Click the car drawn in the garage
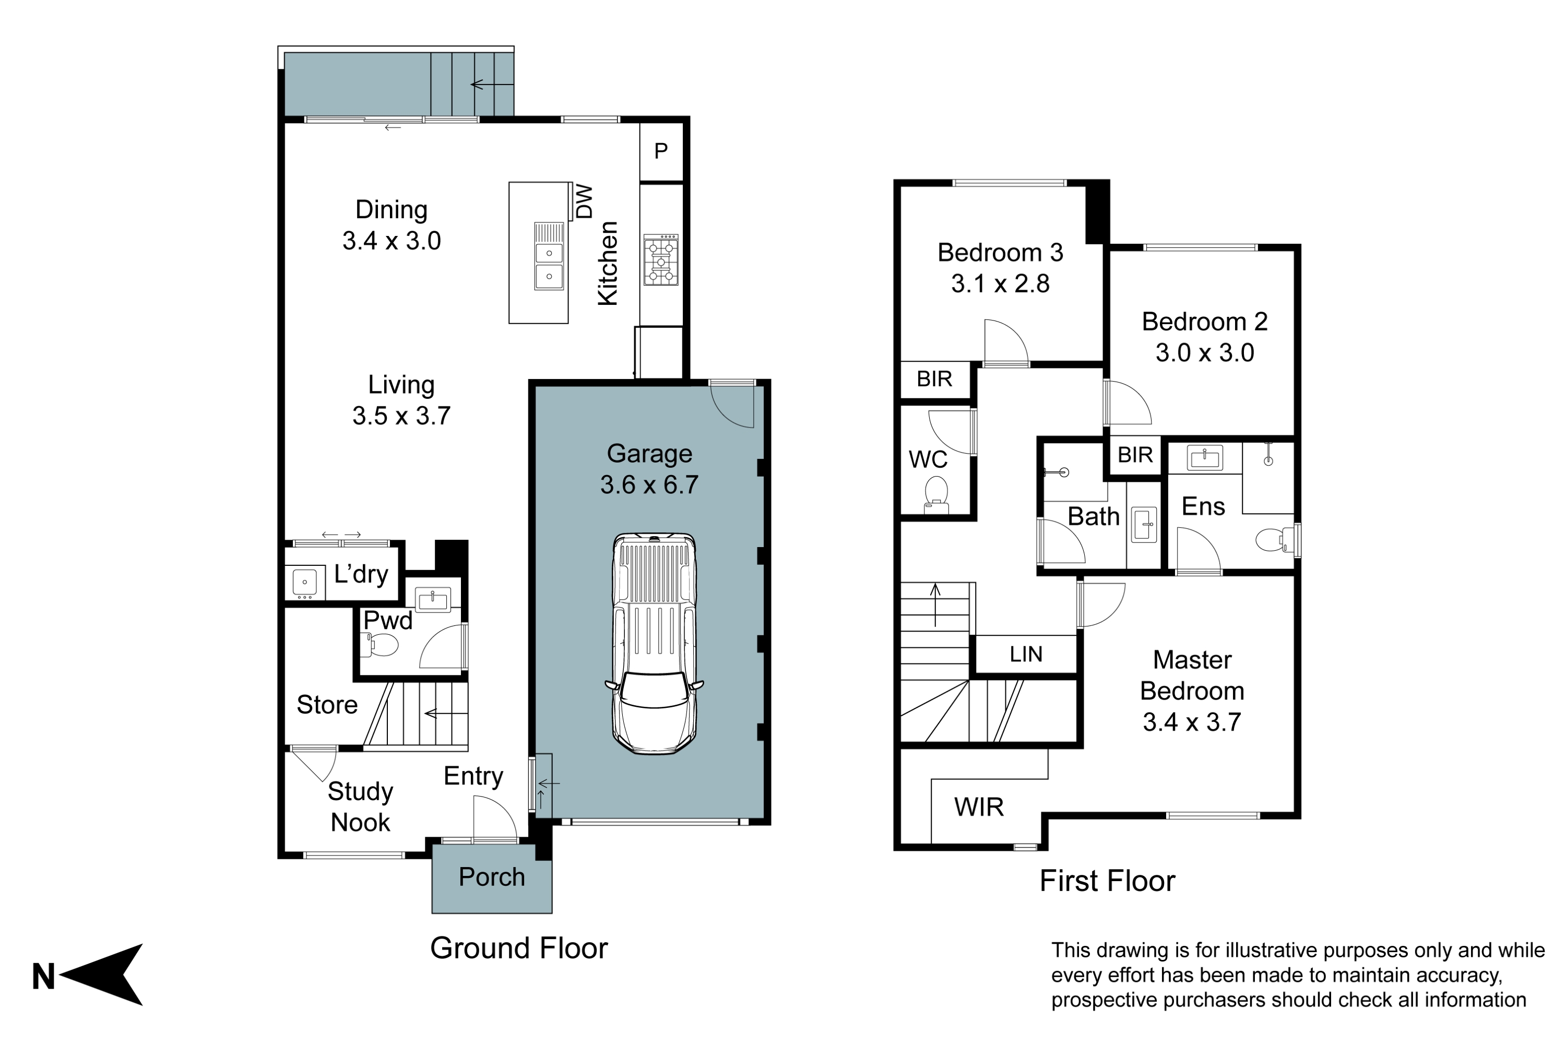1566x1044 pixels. (x=654, y=643)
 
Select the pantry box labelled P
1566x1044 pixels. (x=661, y=151)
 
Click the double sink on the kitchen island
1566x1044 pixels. (x=549, y=256)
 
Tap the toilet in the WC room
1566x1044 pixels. (x=936, y=496)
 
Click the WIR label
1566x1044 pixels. (x=979, y=807)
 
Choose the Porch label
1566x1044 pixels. (x=492, y=877)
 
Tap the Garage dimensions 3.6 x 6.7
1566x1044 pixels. (x=649, y=485)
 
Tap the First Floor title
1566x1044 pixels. (x=1107, y=881)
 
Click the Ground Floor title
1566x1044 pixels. (x=519, y=948)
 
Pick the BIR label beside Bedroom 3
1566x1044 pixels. (x=934, y=379)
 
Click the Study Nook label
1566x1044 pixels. (x=360, y=807)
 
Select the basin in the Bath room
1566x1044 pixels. (x=1144, y=525)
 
